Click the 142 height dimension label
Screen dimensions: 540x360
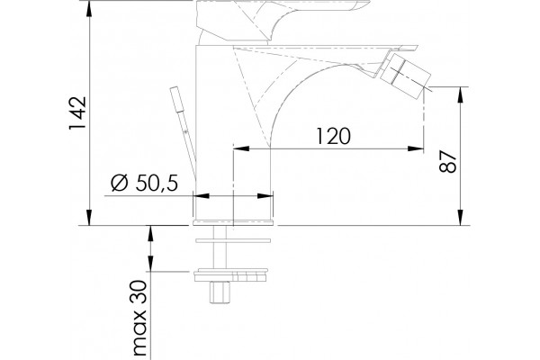[77, 113]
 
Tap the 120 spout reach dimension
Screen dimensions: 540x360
[333, 136]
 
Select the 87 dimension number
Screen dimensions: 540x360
[447, 161]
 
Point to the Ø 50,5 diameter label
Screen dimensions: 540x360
[145, 183]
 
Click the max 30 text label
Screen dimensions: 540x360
[140, 318]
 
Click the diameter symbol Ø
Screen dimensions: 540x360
[120, 183]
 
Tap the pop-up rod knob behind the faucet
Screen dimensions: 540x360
[177, 99]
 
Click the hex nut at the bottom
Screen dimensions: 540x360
[220, 292]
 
